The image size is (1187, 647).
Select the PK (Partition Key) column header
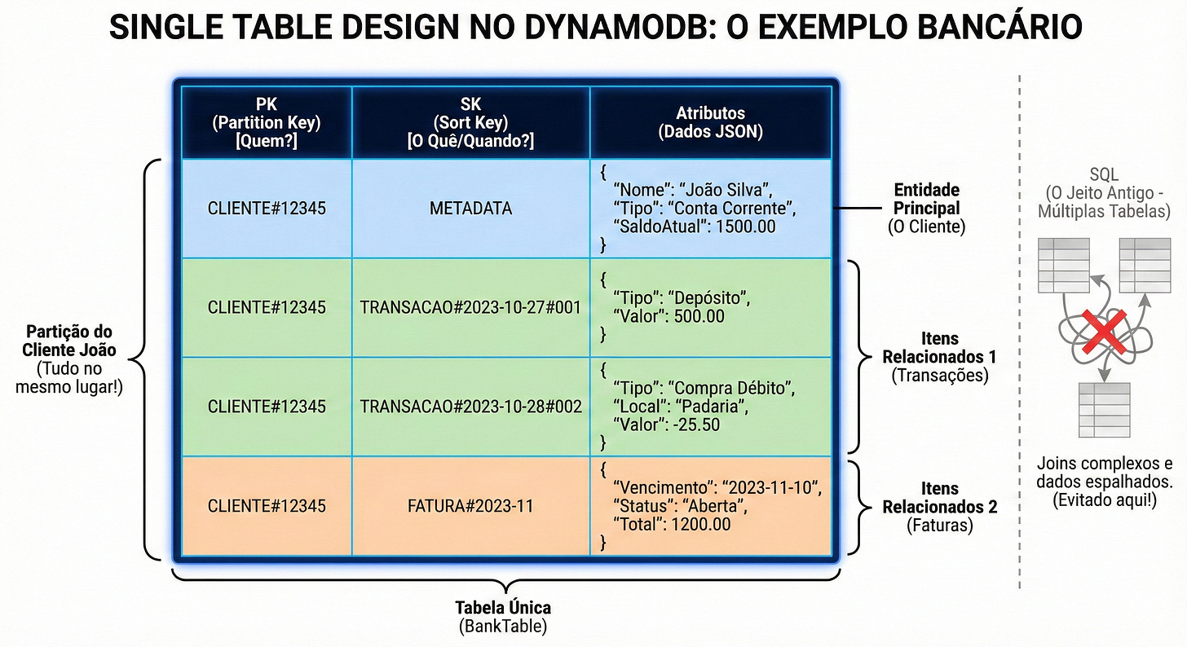click(x=267, y=122)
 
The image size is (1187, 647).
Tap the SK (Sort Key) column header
click(x=470, y=122)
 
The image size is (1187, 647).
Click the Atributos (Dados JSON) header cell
click(x=710, y=122)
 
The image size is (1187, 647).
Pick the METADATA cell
click(x=470, y=209)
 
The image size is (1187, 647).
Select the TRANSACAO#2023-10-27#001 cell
click(x=470, y=307)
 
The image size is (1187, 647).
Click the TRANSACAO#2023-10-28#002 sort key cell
click(x=470, y=406)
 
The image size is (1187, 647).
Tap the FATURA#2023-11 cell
click(x=470, y=506)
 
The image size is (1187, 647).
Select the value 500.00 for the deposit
click(x=696, y=316)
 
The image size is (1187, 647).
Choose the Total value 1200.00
click(x=700, y=524)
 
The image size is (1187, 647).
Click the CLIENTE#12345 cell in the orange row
click(x=267, y=506)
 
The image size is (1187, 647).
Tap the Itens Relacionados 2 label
click(x=939, y=497)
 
